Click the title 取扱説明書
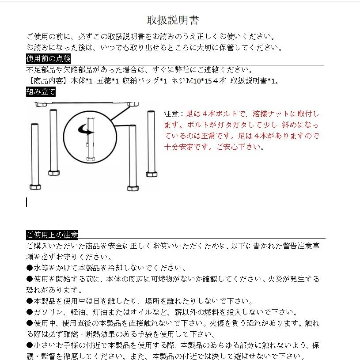tap(173, 20)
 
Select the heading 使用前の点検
tap(48, 59)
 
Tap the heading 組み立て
tap(41, 92)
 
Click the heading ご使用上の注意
tap(52, 235)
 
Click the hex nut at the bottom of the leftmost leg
tap(35, 187)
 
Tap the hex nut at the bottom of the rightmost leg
tap(152, 174)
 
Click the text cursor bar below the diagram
tap(27, 202)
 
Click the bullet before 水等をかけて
tap(30, 268)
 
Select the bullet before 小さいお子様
tap(30, 345)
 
